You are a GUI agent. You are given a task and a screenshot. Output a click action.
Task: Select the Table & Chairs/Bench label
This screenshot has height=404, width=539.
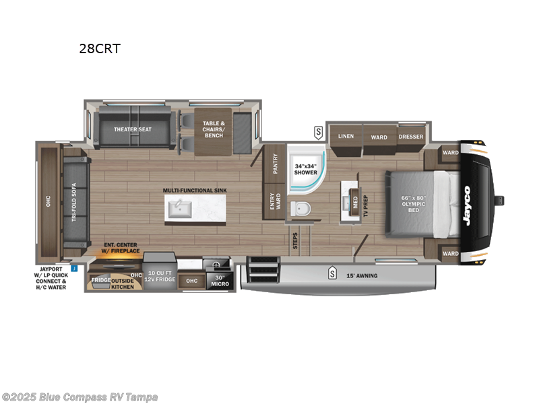(213, 129)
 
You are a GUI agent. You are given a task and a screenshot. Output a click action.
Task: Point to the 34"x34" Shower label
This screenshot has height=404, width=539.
(305, 169)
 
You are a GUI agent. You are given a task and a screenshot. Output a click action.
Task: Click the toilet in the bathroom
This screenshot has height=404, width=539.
(300, 209)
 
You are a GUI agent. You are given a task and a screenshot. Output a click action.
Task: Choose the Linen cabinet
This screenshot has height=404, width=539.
(346, 137)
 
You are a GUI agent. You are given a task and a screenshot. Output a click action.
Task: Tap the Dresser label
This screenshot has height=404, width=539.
(411, 137)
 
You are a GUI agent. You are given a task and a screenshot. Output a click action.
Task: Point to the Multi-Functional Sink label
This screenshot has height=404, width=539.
(195, 191)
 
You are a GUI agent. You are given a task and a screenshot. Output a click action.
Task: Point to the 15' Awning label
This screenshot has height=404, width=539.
(362, 275)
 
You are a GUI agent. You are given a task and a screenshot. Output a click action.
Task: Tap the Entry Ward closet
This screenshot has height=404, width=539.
(275, 201)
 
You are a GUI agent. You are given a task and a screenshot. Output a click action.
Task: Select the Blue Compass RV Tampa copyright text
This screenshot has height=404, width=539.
(80, 397)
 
